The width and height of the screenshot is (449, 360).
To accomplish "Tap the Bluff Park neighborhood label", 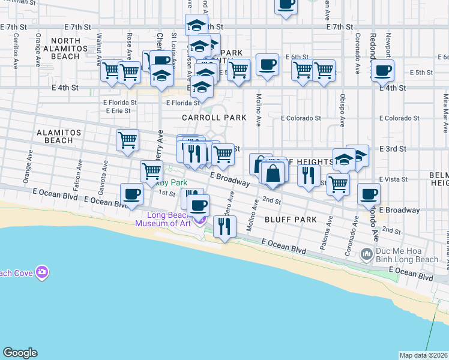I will pos(291,220).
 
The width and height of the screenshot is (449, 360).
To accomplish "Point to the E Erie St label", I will pos(117,111).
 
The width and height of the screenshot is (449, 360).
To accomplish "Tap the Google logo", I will pos(20,353).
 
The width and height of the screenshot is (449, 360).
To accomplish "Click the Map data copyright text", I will pos(423,355).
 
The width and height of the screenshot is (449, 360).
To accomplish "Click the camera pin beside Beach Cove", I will pos(42,272).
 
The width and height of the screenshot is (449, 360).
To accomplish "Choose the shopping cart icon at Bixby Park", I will pos(151,171).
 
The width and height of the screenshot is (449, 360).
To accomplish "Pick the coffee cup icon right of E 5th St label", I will pos(382,71).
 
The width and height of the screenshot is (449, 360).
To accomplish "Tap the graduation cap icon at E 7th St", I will pos(196,25).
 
